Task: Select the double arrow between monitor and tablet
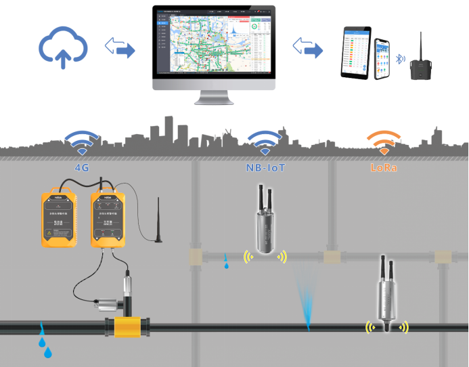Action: (307, 48)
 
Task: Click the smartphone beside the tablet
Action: (384, 59)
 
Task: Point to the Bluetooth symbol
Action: (400, 59)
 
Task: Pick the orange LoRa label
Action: (383, 165)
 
